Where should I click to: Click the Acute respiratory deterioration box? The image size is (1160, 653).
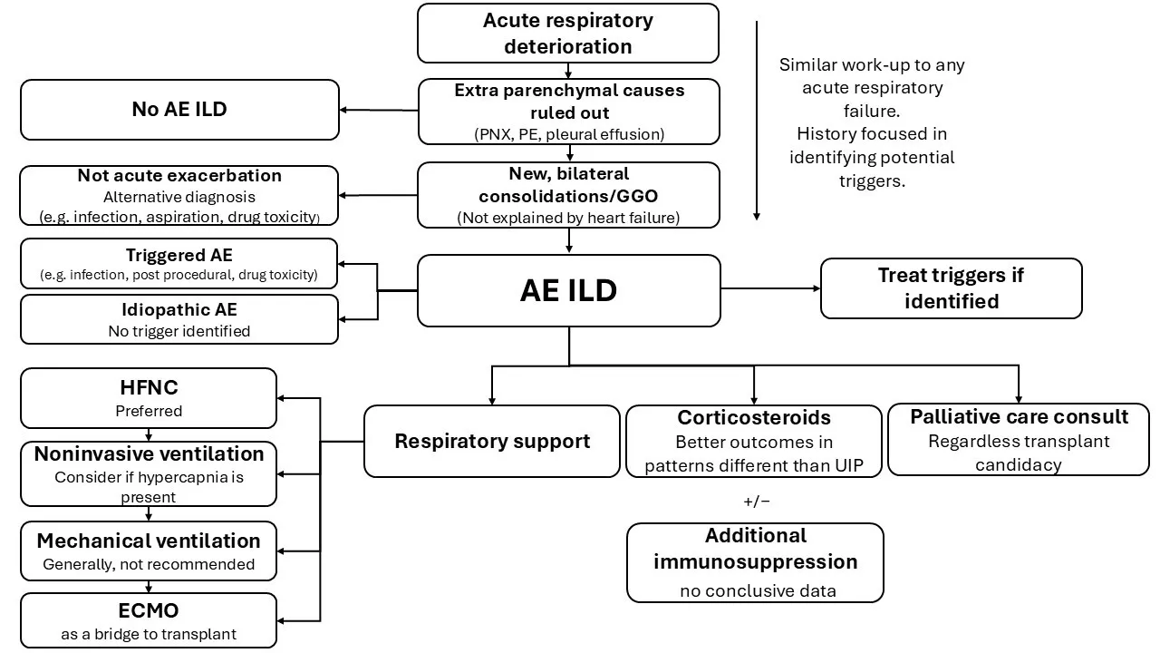pyautogui.click(x=568, y=34)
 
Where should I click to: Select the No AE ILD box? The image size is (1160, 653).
pyautogui.click(x=179, y=110)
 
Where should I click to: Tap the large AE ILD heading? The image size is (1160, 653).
pyautogui.click(x=568, y=290)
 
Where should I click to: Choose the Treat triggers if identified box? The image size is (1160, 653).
pyautogui.click(x=951, y=288)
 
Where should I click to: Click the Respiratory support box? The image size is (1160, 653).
pyautogui.click(x=492, y=442)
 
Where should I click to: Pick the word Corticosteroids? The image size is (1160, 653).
pyautogui.click(x=754, y=418)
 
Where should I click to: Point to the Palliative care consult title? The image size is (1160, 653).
pyautogui.click(x=1019, y=417)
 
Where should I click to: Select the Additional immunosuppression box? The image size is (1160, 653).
pyautogui.click(x=755, y=562)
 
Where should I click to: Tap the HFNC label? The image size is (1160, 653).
pyautogui.click(x=148, y=387)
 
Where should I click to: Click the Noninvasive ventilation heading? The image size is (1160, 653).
pyautogui.click(x=149, y=454)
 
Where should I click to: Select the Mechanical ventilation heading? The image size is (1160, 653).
pyautogui.click(x=149, y=541)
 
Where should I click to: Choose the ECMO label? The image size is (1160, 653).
pyautogui.click(x=149, y=610)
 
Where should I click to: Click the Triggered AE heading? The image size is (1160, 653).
pyautogui.click(x=179, y=256)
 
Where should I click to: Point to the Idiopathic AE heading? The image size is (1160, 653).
pyautogui.click(x=179, y=310)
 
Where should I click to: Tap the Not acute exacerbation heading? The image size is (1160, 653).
pyautogui.click(x=179, y=176)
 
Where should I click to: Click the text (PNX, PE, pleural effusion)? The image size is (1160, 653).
pyautogui.click(x=568, y=134)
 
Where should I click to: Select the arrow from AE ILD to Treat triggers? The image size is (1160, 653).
pyautogui.click(x=770, y=289)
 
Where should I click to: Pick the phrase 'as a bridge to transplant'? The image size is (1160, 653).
pyautogui.click(x=149, y=634)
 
